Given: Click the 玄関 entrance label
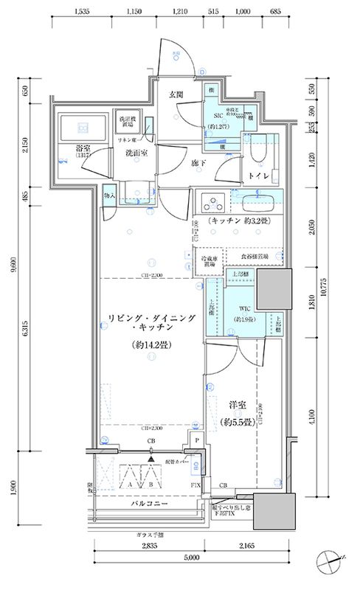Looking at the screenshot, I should coord(176,94).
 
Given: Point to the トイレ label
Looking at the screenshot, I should coord(257,177).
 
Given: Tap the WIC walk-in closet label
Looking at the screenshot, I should coord(246,310).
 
